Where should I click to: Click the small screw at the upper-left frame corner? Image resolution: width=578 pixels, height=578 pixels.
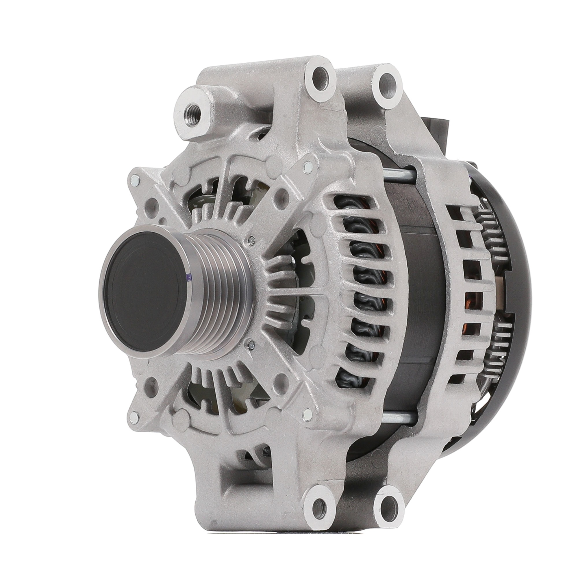[135, 180]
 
